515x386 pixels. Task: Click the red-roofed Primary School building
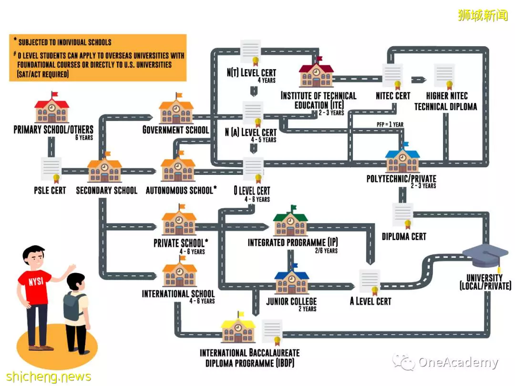(52, 108)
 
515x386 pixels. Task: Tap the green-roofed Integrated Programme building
(291, 221)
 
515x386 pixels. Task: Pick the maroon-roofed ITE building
(316, 72)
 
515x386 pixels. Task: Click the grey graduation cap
(485, 256)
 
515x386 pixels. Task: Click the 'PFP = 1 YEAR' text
(390, 124)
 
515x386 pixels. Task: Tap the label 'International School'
(178, 294)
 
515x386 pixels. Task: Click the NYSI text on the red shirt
(36, 282)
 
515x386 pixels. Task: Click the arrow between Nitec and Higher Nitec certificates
(419, 80)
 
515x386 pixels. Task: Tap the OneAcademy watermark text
(458, 362)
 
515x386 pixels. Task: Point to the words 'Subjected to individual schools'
(65, 42)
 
